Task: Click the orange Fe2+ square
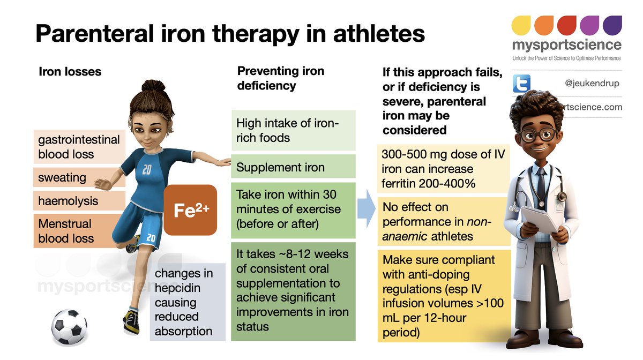tap(190, 211)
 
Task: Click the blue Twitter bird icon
tap(521, 84)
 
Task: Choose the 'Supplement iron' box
tap(293, 167)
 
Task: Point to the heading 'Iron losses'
tap(70, 71)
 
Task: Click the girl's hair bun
tap(149, 88)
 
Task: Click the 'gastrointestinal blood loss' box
tap(78, 147)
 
